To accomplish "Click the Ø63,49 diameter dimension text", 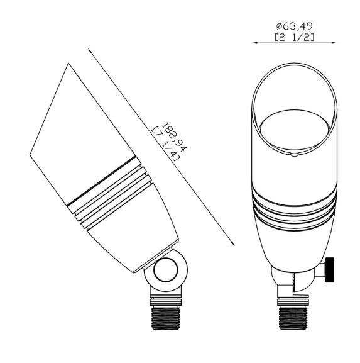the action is coord(295,26).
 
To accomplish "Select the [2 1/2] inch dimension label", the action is coord(295,38).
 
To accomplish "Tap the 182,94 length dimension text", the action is coord(173,137).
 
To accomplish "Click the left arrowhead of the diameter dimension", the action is coord(255,43).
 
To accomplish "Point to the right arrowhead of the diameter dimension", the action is coord(334,43).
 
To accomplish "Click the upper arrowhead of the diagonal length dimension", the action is coord(90,51).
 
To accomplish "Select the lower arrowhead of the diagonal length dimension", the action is coord(232,243).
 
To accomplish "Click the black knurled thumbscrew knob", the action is coord(329,270).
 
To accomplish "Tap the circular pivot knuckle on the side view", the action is coord(166,270).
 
